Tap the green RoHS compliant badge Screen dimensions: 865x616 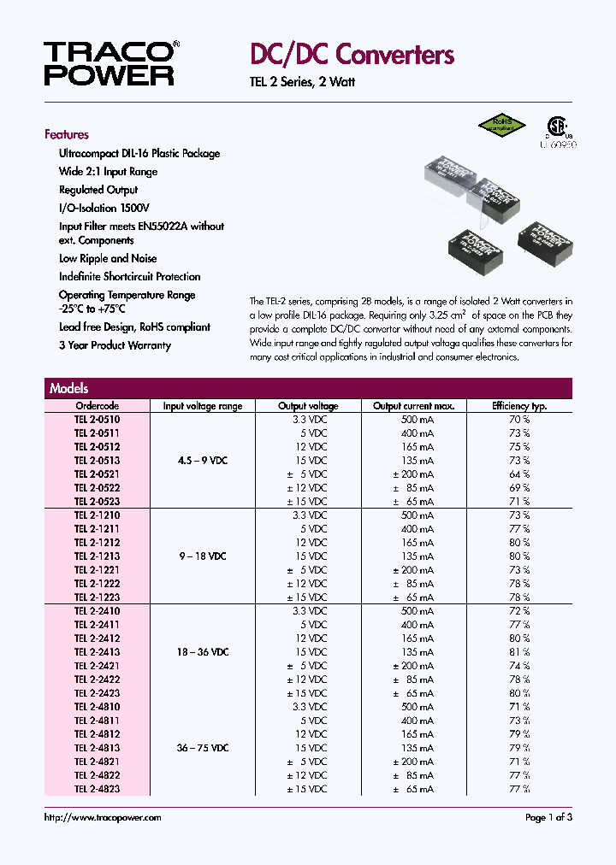pyautogui.click(x=500, y=125)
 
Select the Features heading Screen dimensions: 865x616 pyautogui.click(x=67, y=134)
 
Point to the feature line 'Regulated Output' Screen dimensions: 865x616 pyautogui.click(x=98, y=190)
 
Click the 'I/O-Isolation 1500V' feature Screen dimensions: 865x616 pyautogui.click(x=104, y=208)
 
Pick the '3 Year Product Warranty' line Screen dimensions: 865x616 pyautogui.click(x=115, y=345)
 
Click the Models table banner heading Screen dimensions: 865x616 pyautogui.click(x=69, y=388)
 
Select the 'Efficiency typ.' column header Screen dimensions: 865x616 pyautogui.click(x=518, y=406)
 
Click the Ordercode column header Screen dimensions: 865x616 pyautogui.click(x=97, y=406)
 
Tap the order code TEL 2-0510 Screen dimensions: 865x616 pyautogui.click(x=97, y=420)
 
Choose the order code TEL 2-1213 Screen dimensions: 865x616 pyautogui.click(x=97, y=556)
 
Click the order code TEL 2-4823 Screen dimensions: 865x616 pyautogui.click(x=97, y=789)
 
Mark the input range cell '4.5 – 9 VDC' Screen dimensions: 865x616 pyautogui.click(x=203, y=461)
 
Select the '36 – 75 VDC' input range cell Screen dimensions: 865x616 pyautogui.click(x=203, y=748)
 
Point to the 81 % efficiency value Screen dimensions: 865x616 pyautogui.click(x=518, y=652)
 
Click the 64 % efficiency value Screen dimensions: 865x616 pyautogui.click(x=518, y=474)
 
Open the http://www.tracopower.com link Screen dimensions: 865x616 pyautogui.click(x=102, y=818)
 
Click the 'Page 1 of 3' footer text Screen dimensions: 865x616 pyautogui.click(x=548, y=818)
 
